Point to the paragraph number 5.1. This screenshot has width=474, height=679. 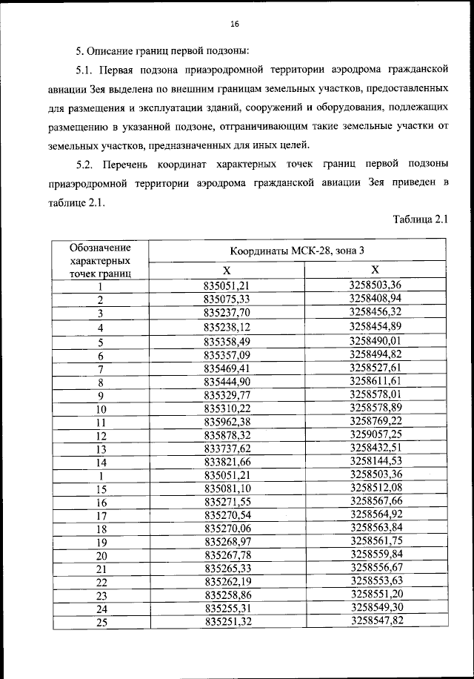pos(87,70)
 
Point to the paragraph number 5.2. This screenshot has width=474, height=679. pos(87,162)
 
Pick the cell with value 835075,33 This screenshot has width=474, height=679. pos(227,299)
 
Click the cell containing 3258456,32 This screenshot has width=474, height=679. pos(375,312)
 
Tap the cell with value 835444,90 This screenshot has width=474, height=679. pos(227,382)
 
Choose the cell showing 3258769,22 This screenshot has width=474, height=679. pos(375,421)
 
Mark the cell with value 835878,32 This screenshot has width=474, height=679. pos(227,435)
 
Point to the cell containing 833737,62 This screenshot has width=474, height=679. pos(227,448)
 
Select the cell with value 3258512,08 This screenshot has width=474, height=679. pos(375,488)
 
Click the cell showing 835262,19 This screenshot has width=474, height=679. pos(227,581)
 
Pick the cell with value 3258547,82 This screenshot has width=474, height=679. pos(375,620)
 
